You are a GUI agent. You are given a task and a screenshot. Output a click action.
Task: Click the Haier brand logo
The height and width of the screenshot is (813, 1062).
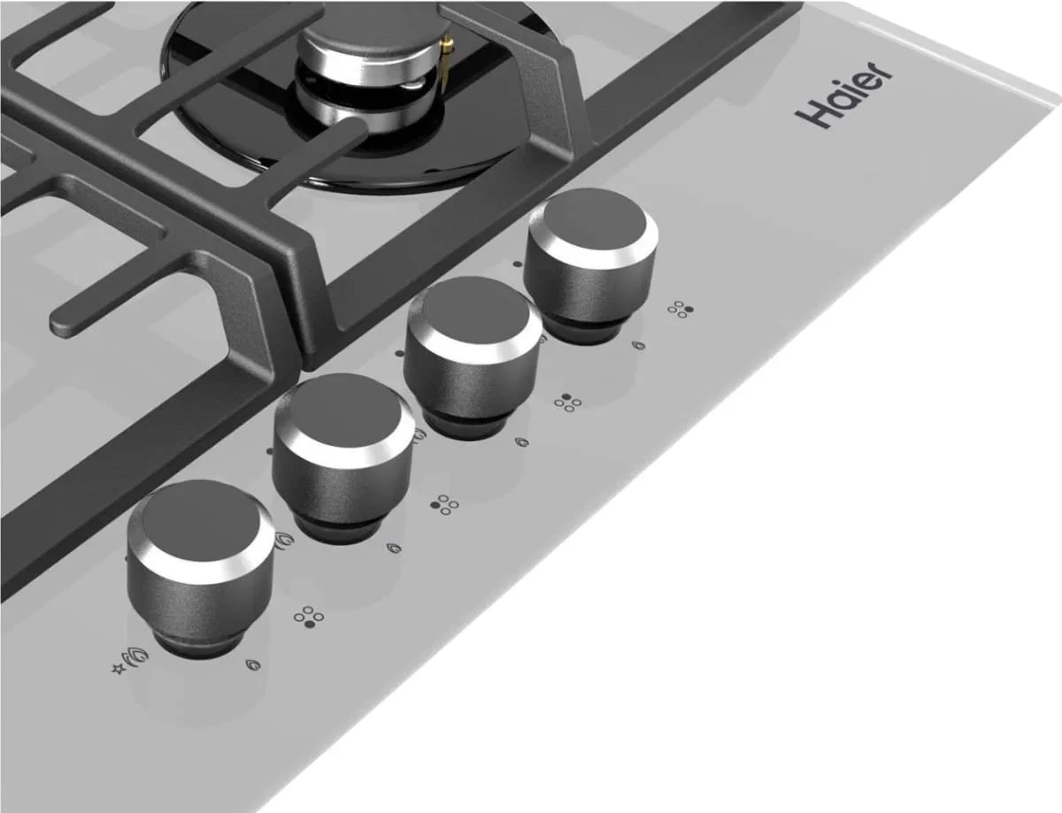(844, 101)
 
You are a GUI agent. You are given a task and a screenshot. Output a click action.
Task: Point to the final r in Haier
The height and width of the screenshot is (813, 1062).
(878, 81)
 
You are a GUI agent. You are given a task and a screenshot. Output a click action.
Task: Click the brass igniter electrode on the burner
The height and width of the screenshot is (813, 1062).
(445, 62)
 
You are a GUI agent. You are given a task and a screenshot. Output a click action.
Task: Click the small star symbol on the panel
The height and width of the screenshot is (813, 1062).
(118, 669)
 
